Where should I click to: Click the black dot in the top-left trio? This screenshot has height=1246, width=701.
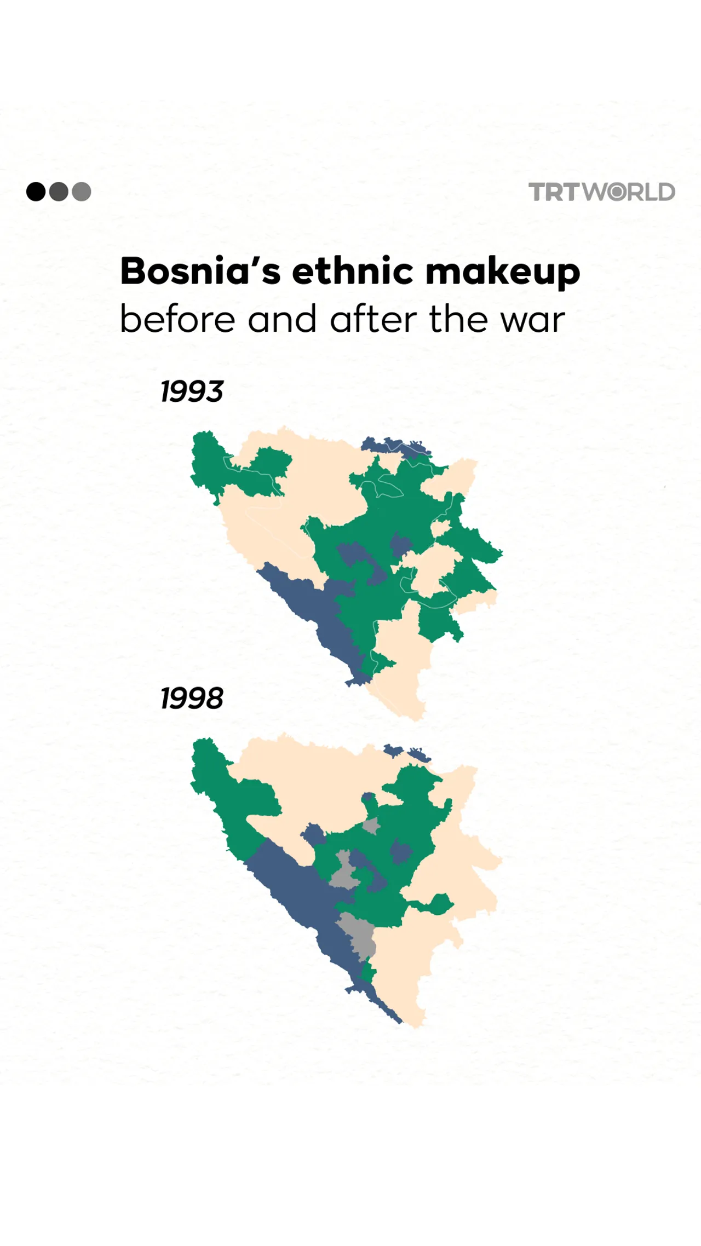tap(36, 192)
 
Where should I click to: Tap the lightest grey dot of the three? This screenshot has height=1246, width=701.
tap(82, 192)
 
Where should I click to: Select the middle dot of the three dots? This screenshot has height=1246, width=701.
tap(59, 192)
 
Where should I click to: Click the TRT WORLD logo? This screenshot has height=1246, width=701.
tap(601, 192)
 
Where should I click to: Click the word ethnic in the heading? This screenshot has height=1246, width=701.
tap(353, 271)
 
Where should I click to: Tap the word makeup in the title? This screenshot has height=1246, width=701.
tap(502, 272)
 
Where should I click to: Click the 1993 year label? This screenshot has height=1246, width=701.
tap(192, 391)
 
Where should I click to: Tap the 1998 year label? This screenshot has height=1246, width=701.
tap(192, 699)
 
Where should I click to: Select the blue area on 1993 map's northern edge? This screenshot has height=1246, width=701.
tap(397, 446)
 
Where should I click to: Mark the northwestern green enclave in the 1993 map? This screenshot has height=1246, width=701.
tap(208, 465)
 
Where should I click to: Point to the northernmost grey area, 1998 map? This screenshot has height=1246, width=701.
tap(371, 826)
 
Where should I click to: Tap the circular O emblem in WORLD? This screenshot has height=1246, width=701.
tap(617, 192)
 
